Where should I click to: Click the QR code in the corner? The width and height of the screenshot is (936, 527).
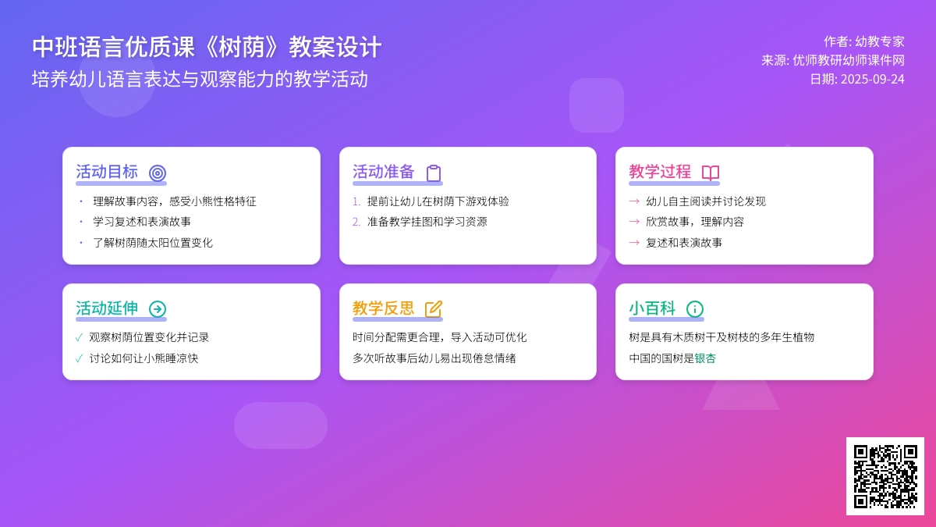pos(885,476)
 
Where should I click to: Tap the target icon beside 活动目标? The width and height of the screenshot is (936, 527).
pos(158,173)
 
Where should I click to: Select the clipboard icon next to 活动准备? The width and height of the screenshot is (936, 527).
pos(434,173)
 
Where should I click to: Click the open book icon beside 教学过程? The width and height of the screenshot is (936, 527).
pos(711,173)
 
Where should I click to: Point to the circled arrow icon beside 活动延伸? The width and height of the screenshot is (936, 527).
pos(158,308)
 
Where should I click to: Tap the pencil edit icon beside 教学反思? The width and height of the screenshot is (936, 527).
pos(434,308)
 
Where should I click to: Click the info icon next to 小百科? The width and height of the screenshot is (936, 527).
pos(695,308)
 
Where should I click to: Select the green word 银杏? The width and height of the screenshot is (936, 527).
pos(705,358)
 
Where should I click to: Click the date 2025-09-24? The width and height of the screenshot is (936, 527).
pos(873,79)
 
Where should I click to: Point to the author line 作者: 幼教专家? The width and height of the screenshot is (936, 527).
pos(864,41)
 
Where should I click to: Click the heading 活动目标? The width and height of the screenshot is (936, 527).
pos(107,172)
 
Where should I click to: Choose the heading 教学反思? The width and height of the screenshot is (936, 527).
pos(383,308)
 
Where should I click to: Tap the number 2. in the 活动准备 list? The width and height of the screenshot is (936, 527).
pos(356,222)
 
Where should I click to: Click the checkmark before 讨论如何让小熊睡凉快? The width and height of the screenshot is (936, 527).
pos(79,358)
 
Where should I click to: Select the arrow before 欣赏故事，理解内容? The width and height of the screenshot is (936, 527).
pos(634,221)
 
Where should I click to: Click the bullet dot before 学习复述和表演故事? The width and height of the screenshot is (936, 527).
pos(81,221)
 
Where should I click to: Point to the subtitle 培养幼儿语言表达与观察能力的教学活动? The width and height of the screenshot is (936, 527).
pos(200,79)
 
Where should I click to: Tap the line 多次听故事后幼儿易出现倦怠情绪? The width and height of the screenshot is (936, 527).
pos(434,358)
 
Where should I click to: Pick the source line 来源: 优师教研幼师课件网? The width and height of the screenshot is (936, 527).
pos(833,60)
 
